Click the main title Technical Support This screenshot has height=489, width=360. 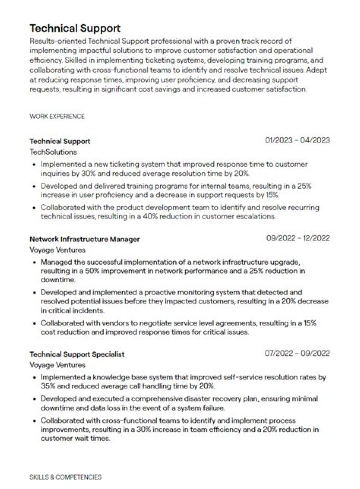tap(75, 28)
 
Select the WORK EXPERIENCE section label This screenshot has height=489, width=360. tap(57, 116)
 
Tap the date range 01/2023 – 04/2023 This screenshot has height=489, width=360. tap(297, 140)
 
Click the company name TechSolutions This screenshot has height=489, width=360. tap(53, 152)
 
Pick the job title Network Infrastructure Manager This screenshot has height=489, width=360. tap(85, 239)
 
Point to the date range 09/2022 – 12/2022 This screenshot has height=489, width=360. tap(298, 238)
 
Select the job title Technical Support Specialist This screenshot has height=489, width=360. tap(77, 354)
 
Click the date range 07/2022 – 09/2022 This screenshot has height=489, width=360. tap(297, 353)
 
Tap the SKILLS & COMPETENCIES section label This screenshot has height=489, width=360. tap(65, 477)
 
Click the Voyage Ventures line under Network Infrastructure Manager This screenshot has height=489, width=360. tap(57, 250)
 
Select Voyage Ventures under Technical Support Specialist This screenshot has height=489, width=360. tap(57, 365)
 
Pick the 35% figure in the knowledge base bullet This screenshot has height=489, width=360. tap(49, 386)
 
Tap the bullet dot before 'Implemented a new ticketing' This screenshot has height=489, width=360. tap(34, 164)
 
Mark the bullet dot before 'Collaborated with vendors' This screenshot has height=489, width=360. tap(34, 323)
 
